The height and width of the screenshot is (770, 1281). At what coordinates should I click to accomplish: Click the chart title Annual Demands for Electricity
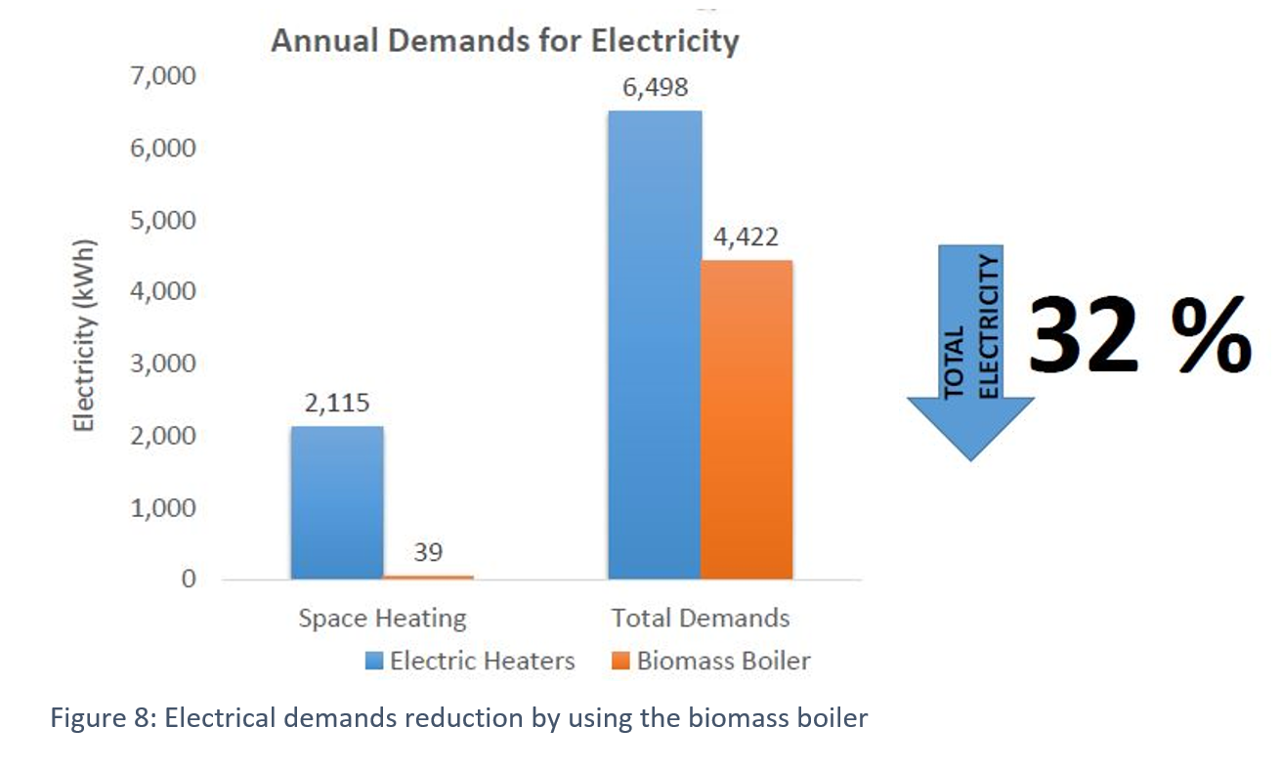[504, 42]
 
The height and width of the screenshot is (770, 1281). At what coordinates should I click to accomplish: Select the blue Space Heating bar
[336, 502]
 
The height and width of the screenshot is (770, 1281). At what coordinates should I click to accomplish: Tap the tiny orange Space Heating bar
[428, 577]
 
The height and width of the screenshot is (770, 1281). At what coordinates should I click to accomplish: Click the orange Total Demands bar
[747, 419]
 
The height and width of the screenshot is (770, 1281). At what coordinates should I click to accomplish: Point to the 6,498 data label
[655, 88]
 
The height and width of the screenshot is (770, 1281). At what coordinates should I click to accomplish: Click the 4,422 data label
[747, 237]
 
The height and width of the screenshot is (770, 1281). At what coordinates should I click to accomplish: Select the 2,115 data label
[336, 404]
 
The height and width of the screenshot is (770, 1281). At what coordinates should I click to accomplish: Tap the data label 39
[428, 553]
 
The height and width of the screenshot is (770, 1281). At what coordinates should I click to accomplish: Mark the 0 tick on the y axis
[190, 579]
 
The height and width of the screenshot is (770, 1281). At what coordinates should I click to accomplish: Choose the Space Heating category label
[382, 619]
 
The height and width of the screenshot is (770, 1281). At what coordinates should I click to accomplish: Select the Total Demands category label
[701, 619]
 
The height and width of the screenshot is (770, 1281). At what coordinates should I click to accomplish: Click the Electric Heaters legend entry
[470, 661]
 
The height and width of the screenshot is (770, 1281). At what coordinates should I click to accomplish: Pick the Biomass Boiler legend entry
[712, 661]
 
